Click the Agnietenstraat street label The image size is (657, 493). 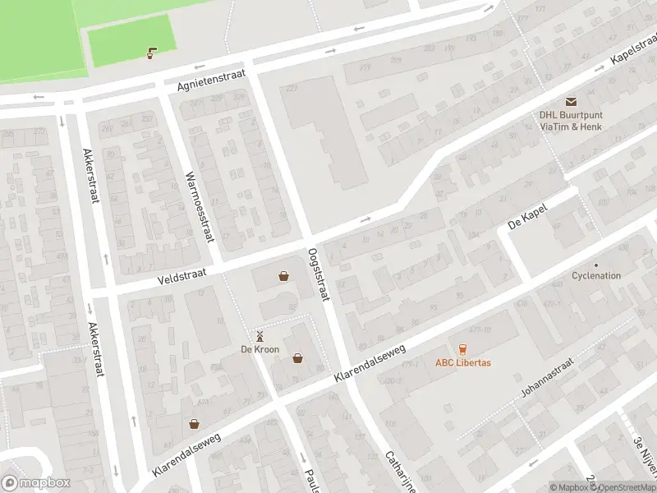pos(211,80)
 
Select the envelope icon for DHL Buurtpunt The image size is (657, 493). pos(571,101)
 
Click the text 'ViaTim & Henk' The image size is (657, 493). pos(571,127)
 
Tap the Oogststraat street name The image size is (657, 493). pos(319,274)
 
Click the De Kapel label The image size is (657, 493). pos(527,214)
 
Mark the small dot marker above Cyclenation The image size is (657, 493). pos(596,265)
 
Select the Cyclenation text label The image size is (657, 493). pos(596,276)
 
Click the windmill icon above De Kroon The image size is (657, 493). pos(260,336)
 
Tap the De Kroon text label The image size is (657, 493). pos(260,349)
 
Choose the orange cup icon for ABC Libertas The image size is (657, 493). pos(462,349)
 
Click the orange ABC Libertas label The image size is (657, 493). pos(462,363)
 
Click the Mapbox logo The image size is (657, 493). pos(36,483)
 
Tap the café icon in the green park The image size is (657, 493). pos(151,53)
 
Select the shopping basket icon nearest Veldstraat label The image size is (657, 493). pos(283,276)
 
